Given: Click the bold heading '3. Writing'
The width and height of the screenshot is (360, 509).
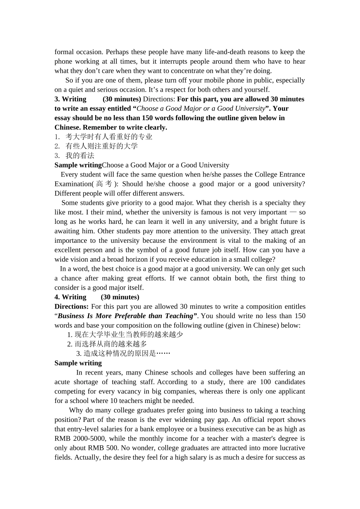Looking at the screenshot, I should tap(70, 99).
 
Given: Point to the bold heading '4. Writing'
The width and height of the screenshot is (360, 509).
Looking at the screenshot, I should tap(70, 297).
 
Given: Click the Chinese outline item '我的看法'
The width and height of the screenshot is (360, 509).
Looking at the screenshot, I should tap(80, 156).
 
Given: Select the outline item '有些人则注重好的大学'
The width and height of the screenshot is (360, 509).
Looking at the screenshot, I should tap(102, 146).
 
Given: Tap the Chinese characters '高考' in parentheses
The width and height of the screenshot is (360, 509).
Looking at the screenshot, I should tap(104, 184).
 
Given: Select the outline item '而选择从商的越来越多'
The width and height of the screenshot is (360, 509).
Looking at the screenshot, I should tap(111, 344).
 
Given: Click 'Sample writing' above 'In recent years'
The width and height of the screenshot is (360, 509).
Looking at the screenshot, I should tap(78, 363).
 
